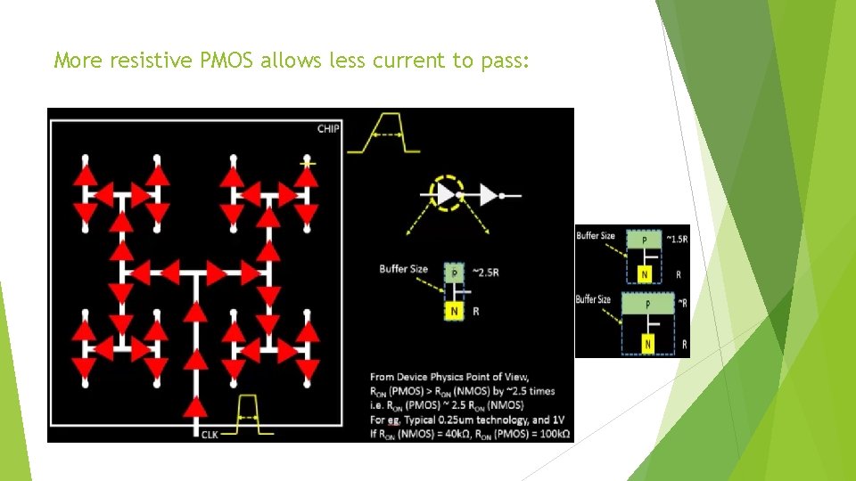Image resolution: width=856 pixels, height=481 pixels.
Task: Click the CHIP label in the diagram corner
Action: pyautogui.click(x=328, y=129)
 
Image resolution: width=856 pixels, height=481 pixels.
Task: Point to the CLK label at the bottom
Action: pyautogui.click(x=210, y=434)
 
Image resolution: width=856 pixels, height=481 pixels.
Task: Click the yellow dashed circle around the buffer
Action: pyautogui.click(x=444, y=193)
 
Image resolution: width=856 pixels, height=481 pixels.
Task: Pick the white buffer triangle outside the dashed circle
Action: pyautogui.click(x=488, y=194)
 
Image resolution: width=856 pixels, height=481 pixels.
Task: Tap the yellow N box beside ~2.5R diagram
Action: pyautogui.click(x=454, y=310)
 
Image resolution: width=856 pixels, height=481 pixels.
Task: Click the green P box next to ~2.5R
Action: pyautogui.click(x=454, y=272)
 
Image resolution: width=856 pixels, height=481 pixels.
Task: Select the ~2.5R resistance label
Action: pyautogui.click(x=485, y=272)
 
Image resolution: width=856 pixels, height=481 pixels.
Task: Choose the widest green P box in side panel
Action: pyautogui.click(x=648, y=305)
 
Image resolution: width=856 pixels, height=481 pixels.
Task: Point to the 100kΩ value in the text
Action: pyautogui.click(x=546, y=434)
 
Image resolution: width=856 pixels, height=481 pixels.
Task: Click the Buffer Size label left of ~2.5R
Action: pyautogui.click(x=403, y=268)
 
